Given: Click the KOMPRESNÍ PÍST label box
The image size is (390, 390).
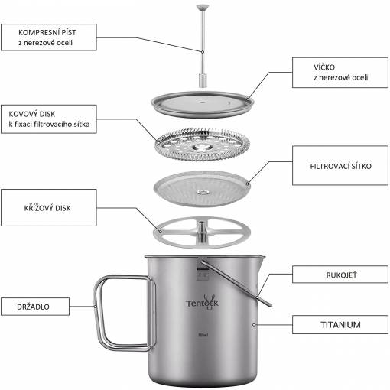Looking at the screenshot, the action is [x=49, y=37].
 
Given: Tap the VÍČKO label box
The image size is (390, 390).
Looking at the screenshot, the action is [x=340, y=73].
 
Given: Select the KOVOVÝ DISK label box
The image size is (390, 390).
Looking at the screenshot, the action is [x=49, y=119].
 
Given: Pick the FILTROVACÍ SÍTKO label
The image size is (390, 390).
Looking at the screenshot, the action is [x=340, y=165].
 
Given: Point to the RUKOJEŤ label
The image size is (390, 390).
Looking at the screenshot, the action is [x=340, y=275].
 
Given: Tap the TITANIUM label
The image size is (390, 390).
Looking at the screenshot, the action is [x=340, y=324].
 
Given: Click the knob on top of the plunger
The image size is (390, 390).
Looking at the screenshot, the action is [x=203, y=8].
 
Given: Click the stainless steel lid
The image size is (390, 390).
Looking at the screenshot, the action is [x=203, y=105].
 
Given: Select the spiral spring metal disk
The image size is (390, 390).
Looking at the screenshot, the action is [x=203, y=145].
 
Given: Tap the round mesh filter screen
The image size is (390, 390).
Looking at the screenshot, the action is [x=203, y=189].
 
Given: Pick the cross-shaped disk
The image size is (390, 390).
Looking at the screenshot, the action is [x=202, y=232].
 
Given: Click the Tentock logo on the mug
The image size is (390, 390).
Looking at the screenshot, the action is [x=202, y=303].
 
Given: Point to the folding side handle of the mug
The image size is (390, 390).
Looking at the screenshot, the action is [x=125, y=313].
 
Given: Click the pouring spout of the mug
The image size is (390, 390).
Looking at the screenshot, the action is [x=261, y=262].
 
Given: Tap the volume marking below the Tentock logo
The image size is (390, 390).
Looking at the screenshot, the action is [x=203, y=335].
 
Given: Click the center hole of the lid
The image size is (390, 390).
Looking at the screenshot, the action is [x=203, y=102].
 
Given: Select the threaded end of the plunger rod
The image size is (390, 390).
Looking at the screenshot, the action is [x=203, y=80].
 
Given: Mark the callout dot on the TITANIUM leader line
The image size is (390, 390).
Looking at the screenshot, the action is [x=254, y=324].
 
